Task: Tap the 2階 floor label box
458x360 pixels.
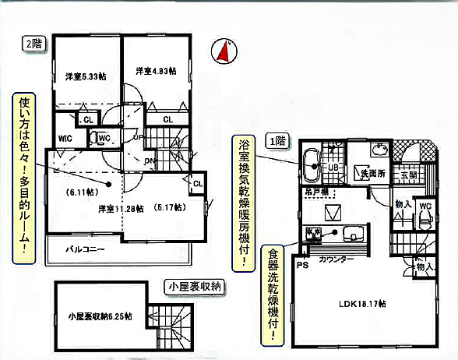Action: (x=31, y=44)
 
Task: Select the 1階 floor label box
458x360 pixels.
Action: (x=277, y=141)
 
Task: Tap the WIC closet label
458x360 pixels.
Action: (x=65, y=139)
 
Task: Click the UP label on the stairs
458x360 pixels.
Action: (x=138, y=138)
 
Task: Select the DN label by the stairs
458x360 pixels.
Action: (x=149, y=161)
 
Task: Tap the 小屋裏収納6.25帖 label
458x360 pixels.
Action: (x=99, y=316)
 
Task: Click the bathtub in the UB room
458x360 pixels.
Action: (x=310, y=165)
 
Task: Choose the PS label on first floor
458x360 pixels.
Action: (x=301, y=264)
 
